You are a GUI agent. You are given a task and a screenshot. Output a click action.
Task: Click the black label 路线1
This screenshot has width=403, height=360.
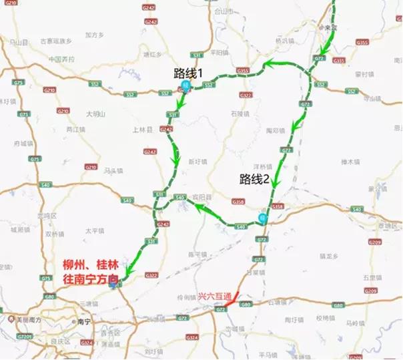[188, 72]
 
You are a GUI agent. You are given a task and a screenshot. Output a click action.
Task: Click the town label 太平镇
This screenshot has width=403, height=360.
[93, 231]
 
